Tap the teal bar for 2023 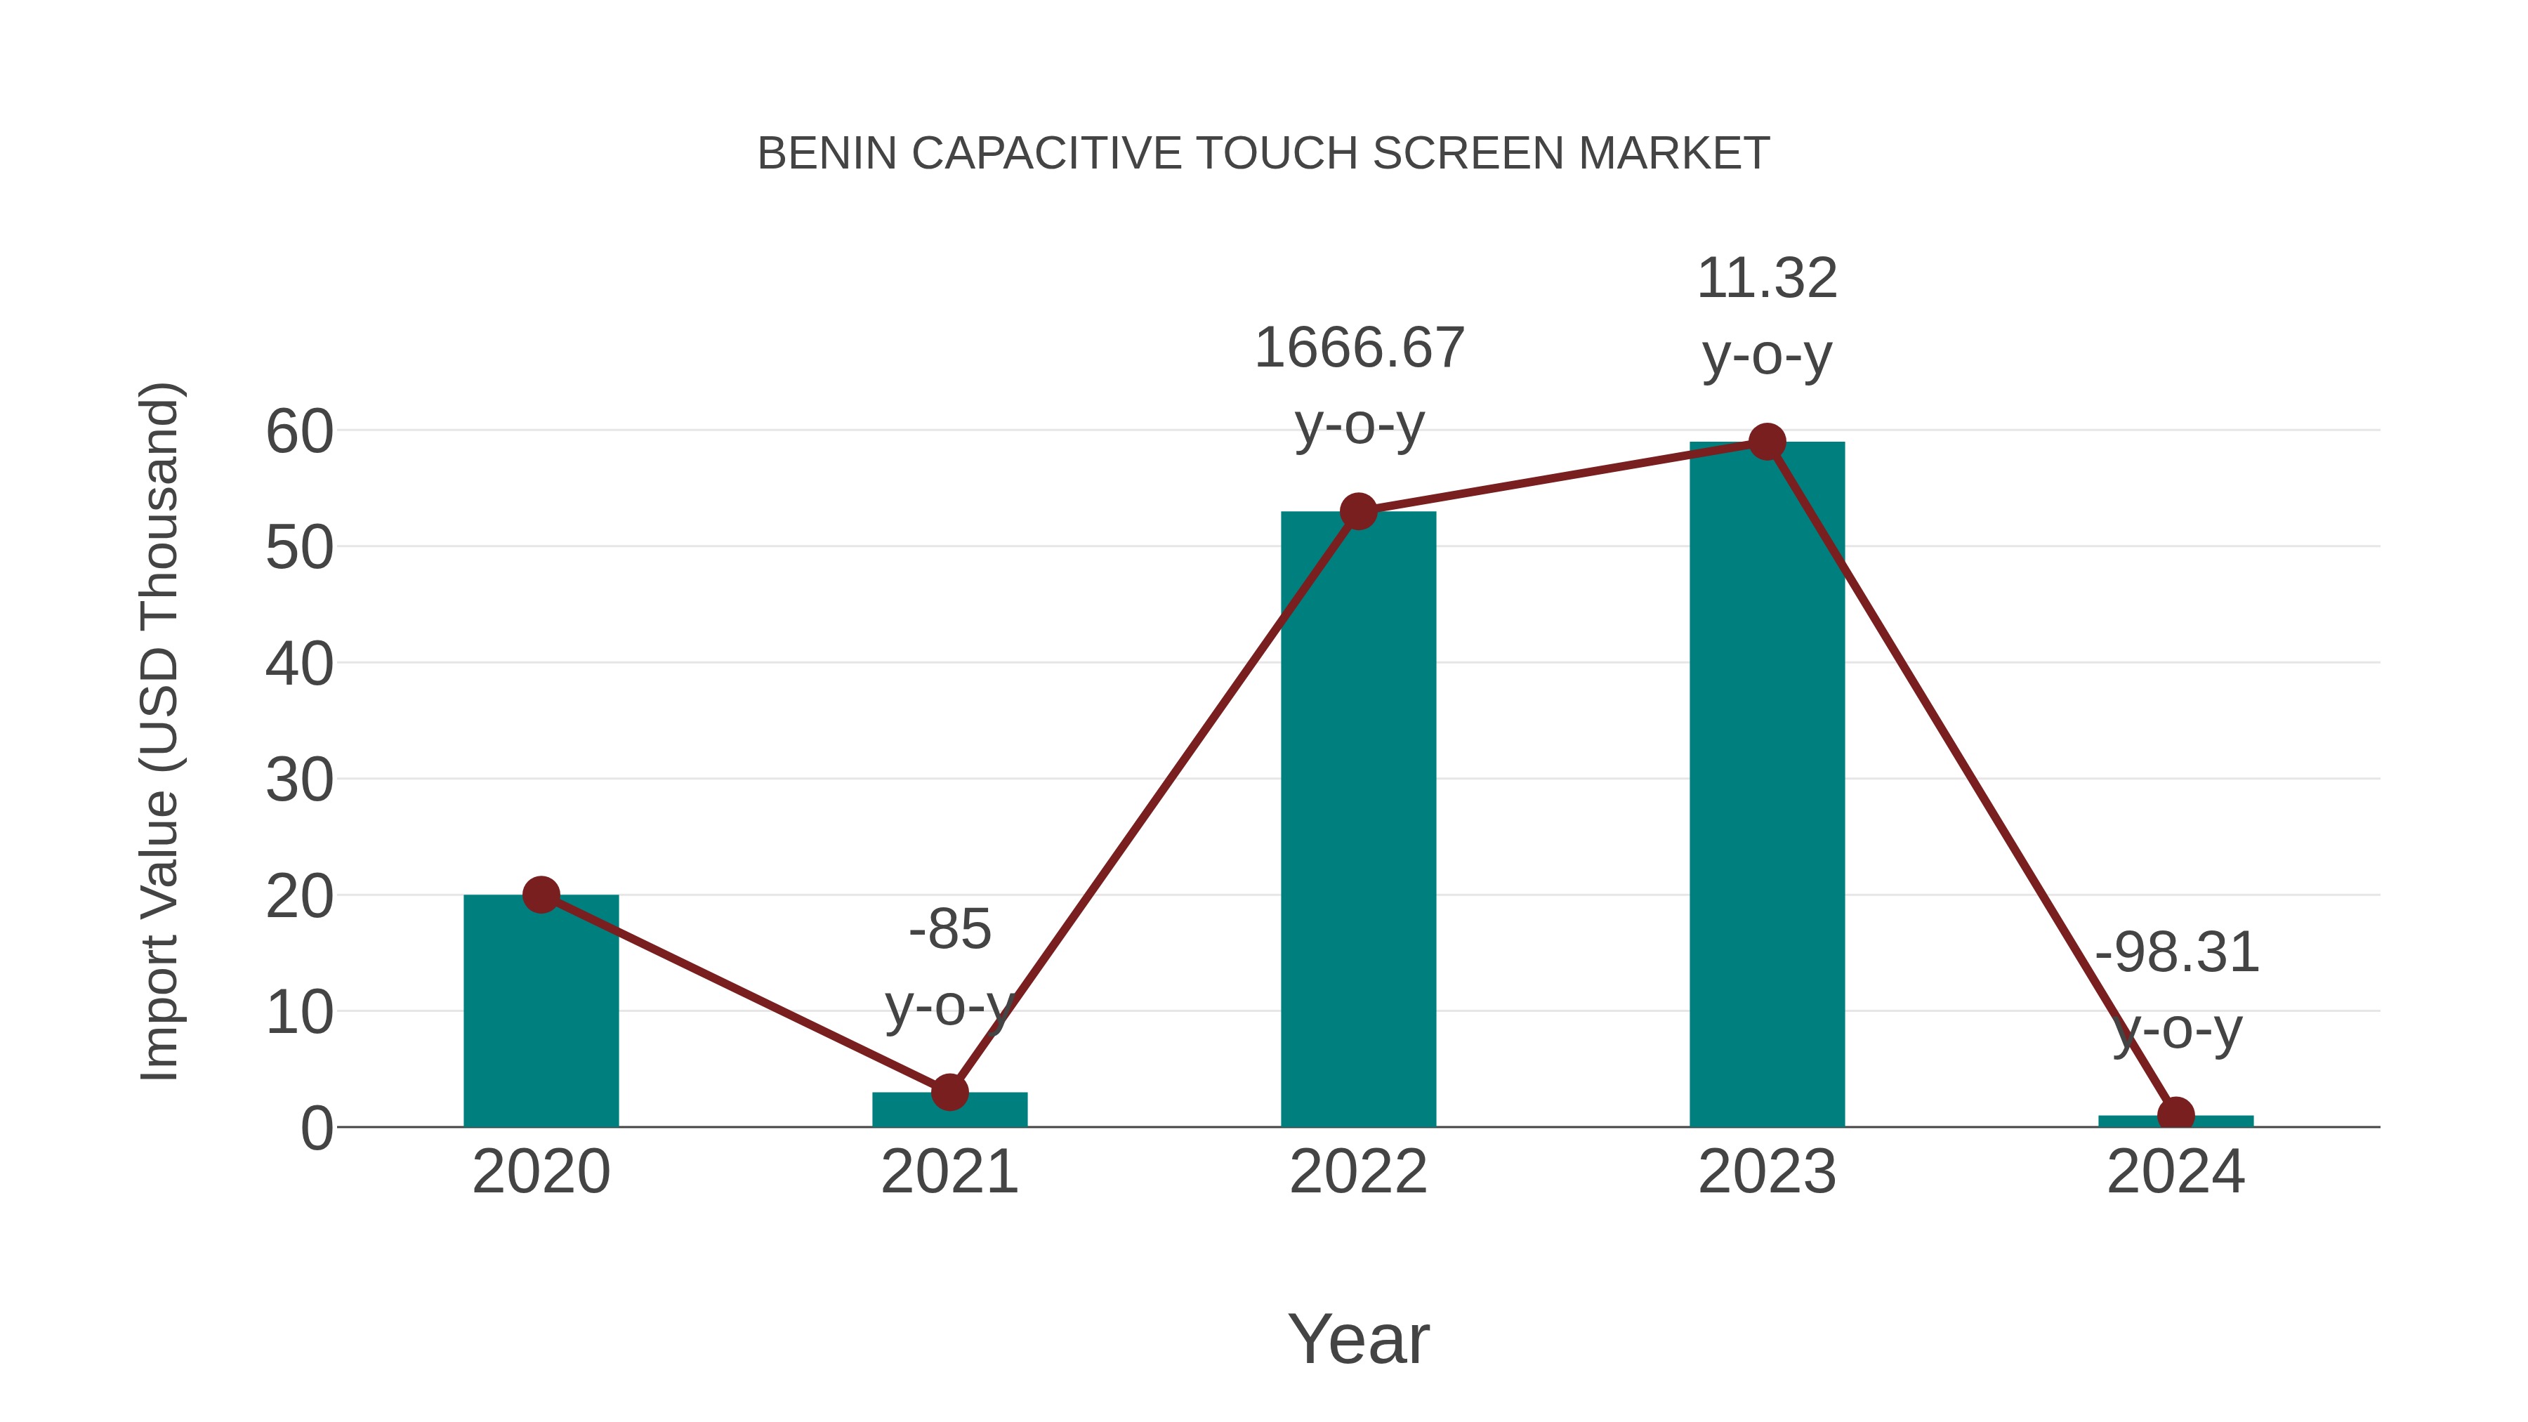pyautogui.click(x=1767, y=785)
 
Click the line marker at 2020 pyautogui.click(x=541, y=895)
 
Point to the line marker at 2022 pyautogui.click(x=1358, y=511)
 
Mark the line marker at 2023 pyautogui.click(x=1767, y=442)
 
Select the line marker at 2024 pyautogui.click(x=2175, y=1115)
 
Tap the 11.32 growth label pyautogui.click(x=1767, y=279)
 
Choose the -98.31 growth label pyautogui.click(x=2177, y=953)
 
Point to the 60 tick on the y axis pyautogui.click(x=299, y=432)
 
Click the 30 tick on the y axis pyautogui.click(x=299, y=781)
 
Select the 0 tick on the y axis pyautogui.click(x=316, y=1128)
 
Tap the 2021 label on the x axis pyautogui.click(x=950, y=1172)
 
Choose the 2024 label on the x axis pyautogui.click(x=2175, y=1172)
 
